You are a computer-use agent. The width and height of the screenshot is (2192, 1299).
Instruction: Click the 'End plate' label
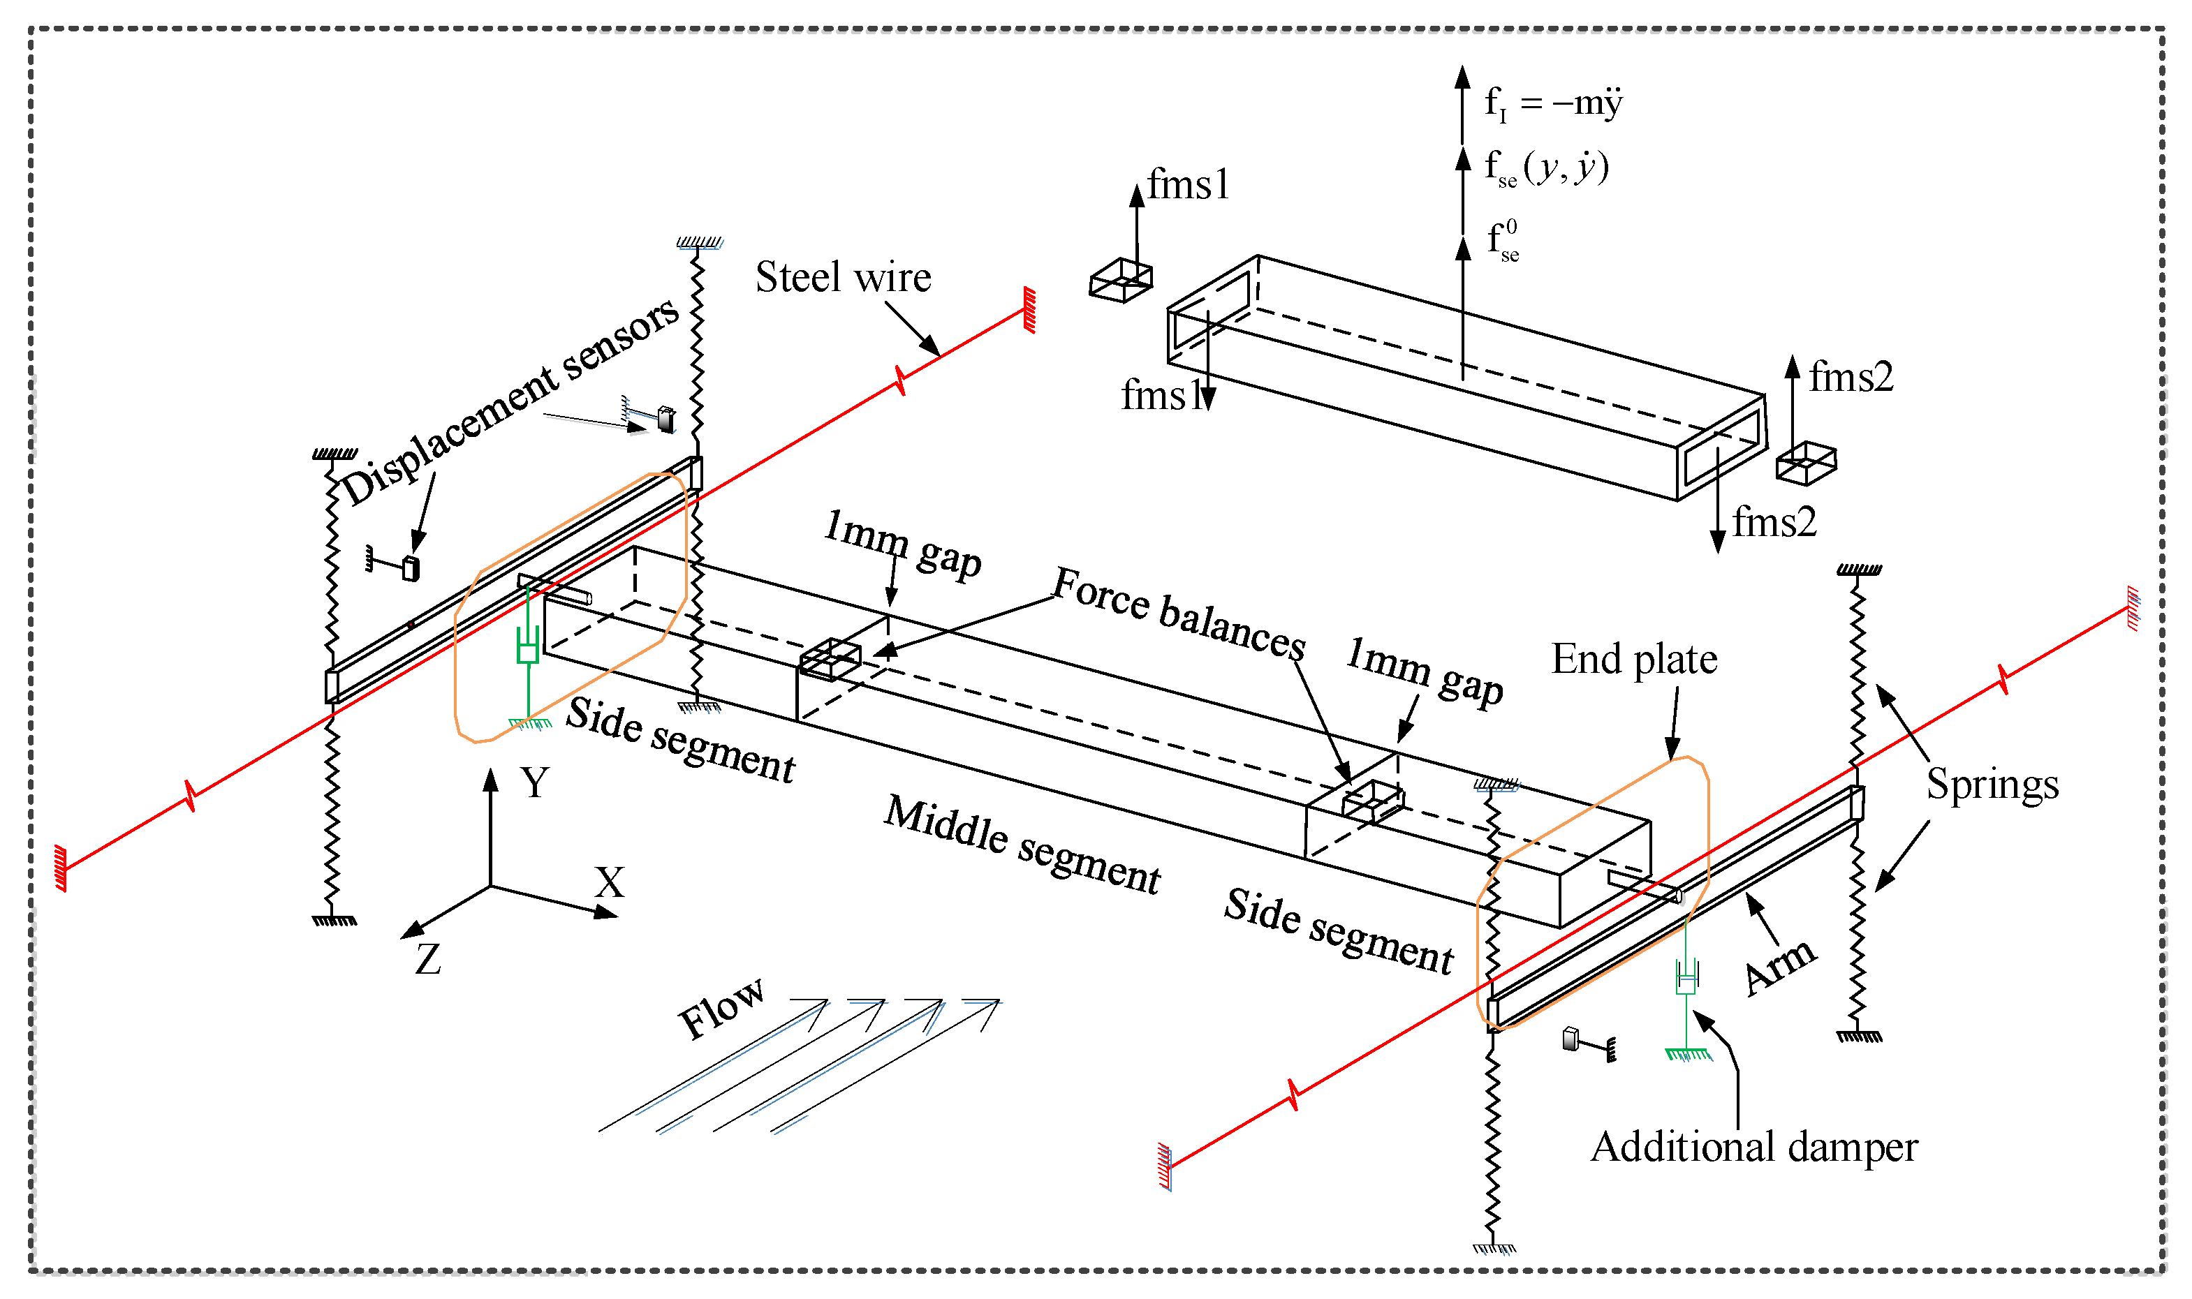pos(1634,659)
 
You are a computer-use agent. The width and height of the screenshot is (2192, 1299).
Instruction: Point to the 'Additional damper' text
pos(1754,1147)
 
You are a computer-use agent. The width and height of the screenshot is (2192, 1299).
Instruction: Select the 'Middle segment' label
pos(1022,845)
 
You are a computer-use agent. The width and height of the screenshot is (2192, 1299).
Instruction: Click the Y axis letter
pos(535,782)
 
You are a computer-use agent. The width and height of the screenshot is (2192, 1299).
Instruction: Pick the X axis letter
pos(610,883)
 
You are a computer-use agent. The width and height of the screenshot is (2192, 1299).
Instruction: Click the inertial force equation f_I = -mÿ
pos(1553,103)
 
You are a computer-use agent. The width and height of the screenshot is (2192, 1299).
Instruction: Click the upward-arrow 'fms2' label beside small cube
pos(1851,377)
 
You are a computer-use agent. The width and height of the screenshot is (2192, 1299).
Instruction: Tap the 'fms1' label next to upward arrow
pos(1189,186)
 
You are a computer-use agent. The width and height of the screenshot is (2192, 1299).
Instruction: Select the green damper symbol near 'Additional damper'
pos(1686,978)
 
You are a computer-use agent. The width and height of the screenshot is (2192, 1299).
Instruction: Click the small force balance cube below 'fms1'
pos(1120,280)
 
